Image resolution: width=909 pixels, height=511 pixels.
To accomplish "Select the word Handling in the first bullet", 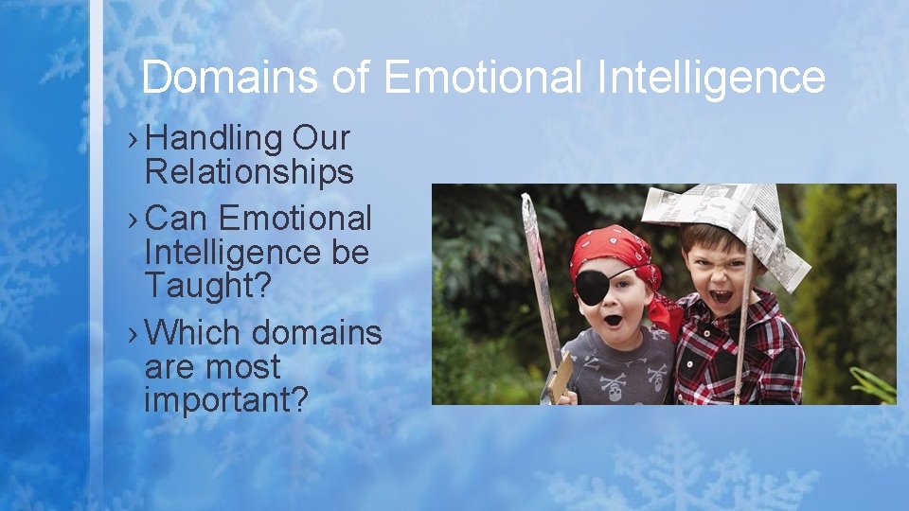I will coord(215,139).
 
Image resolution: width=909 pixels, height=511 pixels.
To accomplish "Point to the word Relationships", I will coord(249,172).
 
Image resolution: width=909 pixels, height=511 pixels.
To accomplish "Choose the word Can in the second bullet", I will coord(179,219).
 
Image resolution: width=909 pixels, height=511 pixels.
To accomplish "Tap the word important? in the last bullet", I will coord(226,399).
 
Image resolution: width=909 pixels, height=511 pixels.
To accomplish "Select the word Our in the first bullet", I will coord(321,139).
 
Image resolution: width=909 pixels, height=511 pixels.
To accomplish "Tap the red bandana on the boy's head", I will coord(610,249).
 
